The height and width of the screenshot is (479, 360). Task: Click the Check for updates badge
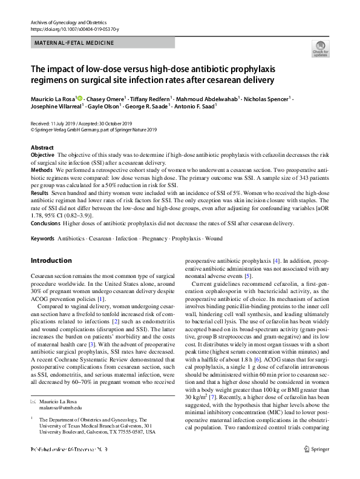tap(319, 48)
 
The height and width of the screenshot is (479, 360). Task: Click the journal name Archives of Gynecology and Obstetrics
tap(70, 21)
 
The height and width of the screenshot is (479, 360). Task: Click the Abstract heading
tap(42, 148)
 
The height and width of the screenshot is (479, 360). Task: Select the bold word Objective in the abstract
tap(42, 156)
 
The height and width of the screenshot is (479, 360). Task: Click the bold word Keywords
tap(42, 239)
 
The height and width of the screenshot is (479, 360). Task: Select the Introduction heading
tap(51, 261)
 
